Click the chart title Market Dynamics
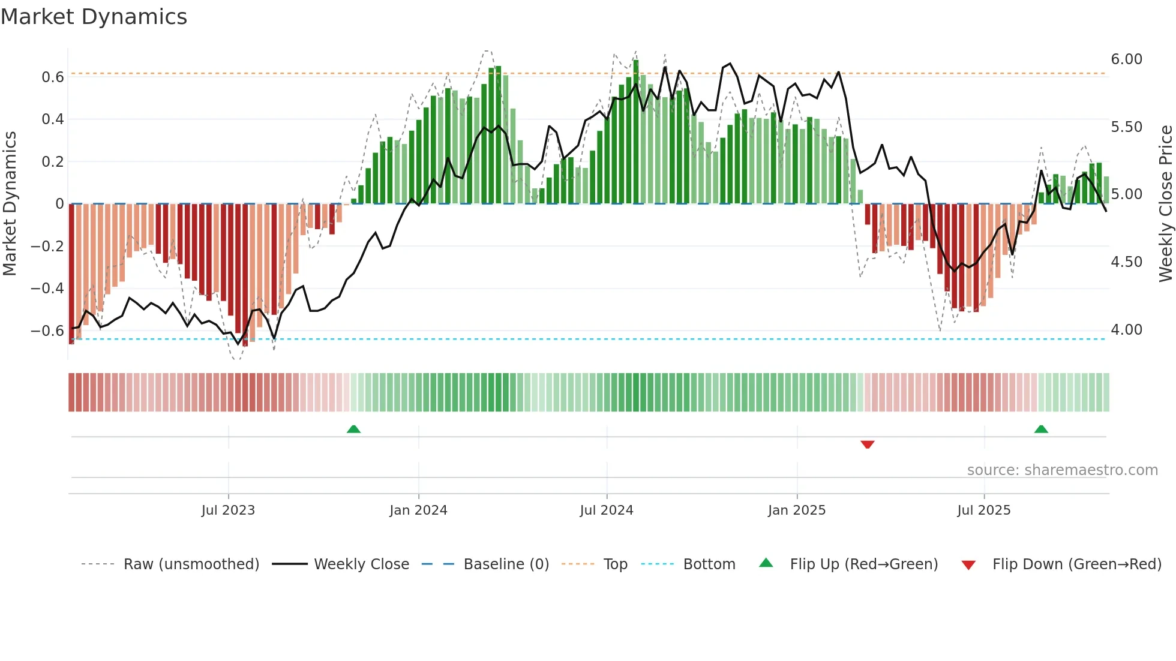coord(94,17)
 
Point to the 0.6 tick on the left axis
coord(53,77)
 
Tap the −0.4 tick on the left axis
coord(47,289)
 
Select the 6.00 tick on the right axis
coord(1126,59)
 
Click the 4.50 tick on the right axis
coord(1126,262)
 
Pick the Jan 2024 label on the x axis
coord(418,510)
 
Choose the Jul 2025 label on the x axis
coord(983,510)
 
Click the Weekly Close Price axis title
coord(1165,203)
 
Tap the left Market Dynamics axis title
coord(10,203)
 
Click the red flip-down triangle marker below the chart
coord(867,444)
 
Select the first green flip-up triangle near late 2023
coord(353,429)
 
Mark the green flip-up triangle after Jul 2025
coord(1041,429)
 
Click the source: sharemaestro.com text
coord(1062,470)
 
